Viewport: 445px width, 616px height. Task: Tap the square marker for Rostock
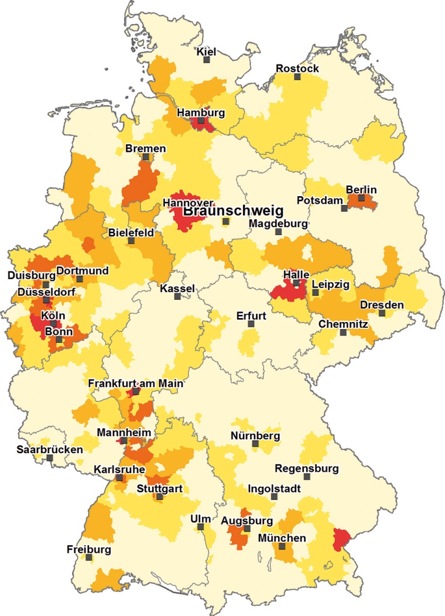pos(297,77)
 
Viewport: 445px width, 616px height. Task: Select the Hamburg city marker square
pos(201,121)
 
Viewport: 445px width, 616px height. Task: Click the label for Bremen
pos(145,149)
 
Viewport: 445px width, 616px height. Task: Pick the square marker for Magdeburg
pos(279,232)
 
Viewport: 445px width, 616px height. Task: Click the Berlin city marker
pos(361,198)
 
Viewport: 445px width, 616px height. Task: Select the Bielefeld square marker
pos(131,241)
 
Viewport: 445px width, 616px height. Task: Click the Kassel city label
pos(177,289)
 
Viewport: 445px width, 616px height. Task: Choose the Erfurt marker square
pos(251,324)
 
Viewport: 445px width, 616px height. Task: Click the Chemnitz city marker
pos(343,333)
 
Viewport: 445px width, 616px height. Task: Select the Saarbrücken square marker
pos(50,458)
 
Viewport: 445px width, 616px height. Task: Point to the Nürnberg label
pos(255,436)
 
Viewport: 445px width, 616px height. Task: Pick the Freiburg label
pos(88,550)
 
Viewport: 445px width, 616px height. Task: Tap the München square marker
pos(282,546)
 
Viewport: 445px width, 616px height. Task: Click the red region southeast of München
pos(339,539)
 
